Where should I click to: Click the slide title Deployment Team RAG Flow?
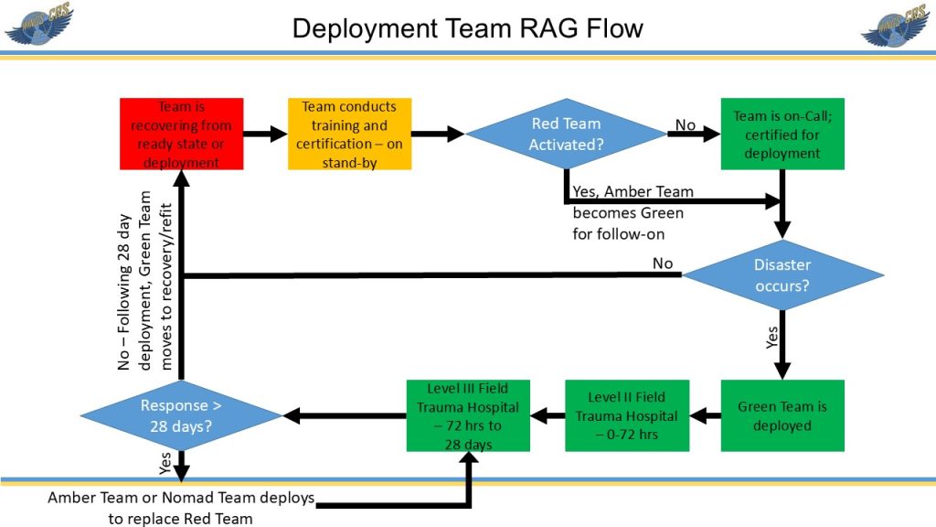[x=467, y=28]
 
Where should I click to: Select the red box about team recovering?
[x=182, y=134]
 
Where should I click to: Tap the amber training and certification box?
[x=350, y=134]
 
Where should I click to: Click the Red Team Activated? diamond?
[x=566, y=134]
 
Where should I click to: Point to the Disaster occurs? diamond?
[x=782, y=274]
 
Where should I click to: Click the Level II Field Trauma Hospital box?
[x=626, y=415]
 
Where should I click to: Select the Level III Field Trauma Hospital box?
[x=468, y=415]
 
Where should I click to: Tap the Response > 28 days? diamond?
[x=181, y=415]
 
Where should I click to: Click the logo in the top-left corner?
[x=38, y=25]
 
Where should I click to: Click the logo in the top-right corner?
[x=897, y=25]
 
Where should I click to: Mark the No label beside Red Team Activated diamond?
[x=685, y=124]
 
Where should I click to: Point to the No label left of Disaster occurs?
[x=663, y=263]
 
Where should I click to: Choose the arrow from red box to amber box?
[x=265, y=134]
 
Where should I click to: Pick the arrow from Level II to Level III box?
[x=548, y=416]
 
